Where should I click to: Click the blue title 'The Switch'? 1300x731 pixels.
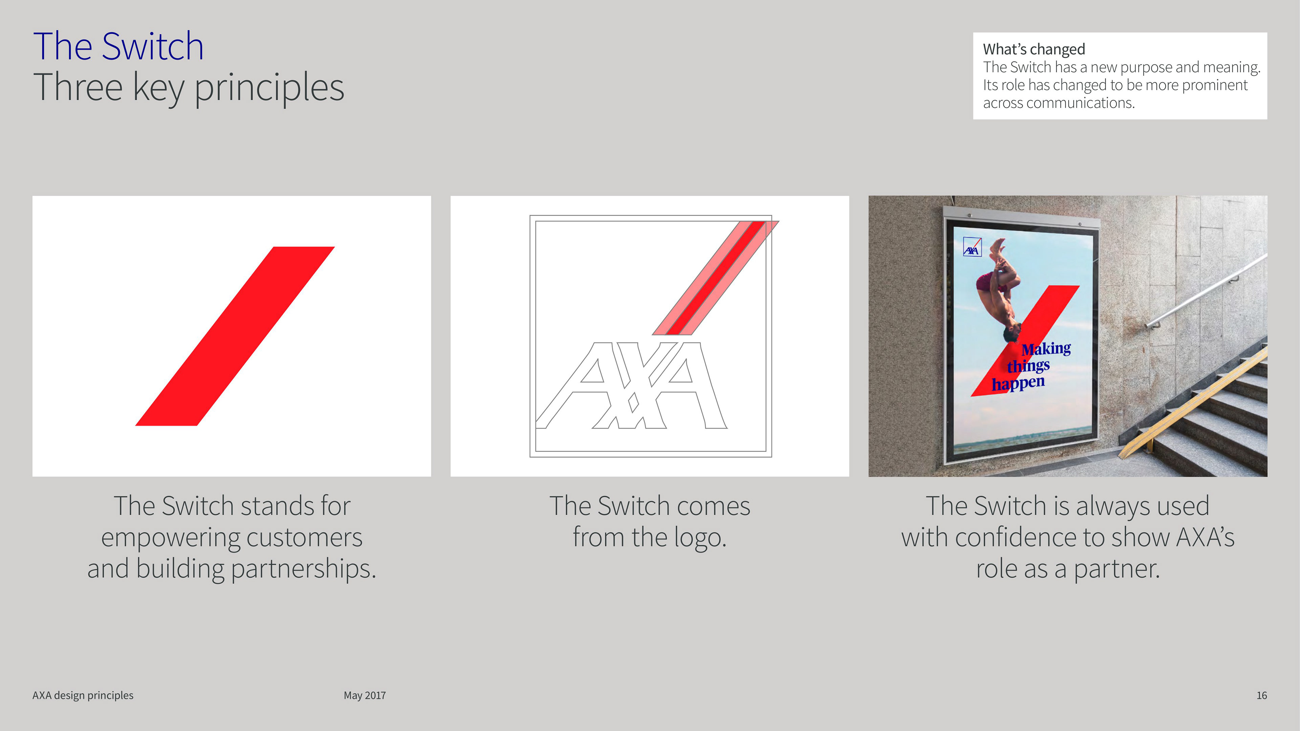pyautogui.click(x=118, y=46)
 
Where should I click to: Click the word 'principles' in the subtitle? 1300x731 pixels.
pyautogui.click(x=269, y=88)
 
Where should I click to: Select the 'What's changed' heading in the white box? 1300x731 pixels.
pyautogui.click(x=1034, y=49)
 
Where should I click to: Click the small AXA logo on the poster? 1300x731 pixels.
pyautogui.click(x=972, y=247)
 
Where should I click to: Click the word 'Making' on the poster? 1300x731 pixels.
pyautogui.click(x=1046, y=349)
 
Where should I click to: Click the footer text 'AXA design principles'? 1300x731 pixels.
pyautogui.click(x=83, y=695)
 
